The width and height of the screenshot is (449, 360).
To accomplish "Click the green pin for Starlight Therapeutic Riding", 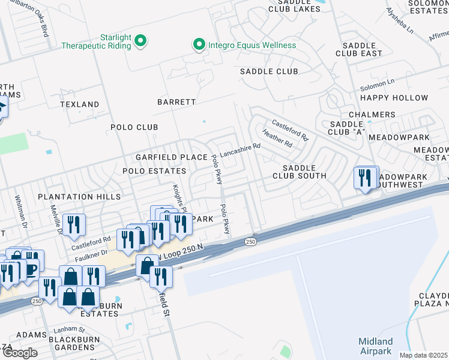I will pos(140,41).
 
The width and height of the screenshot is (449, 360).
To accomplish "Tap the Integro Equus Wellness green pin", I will pos(197,45).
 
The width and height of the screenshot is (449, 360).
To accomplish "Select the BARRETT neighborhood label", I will pos(176,102).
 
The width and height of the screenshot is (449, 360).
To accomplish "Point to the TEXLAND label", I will pos(79,104).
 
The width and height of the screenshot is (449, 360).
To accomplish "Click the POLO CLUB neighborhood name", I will pos(134,127).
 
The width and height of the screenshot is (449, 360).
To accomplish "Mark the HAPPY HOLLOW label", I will pos(394,98).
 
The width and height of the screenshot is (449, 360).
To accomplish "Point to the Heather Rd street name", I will pos(277,140).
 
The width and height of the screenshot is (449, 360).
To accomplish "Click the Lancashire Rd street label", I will pos(240,149).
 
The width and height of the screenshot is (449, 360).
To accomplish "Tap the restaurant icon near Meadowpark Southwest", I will pos(366,178).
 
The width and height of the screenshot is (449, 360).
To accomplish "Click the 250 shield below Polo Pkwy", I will pos(251,242).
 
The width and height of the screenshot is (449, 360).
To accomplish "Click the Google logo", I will pos(19,353).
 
